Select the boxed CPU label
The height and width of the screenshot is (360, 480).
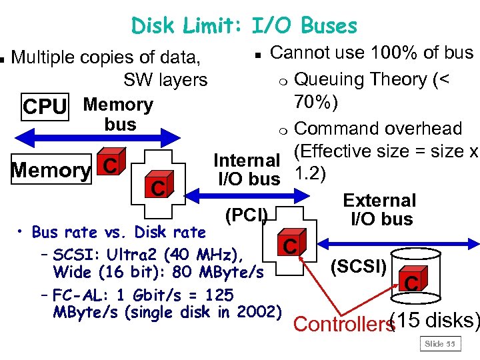(45, 107)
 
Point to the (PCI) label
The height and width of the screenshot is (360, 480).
(247, 215)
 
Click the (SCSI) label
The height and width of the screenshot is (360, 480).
(359, 267)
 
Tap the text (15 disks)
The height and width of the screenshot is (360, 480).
(434, 320)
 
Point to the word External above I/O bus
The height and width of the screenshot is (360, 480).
(379, 201)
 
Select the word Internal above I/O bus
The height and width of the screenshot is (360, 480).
(246, 161)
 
